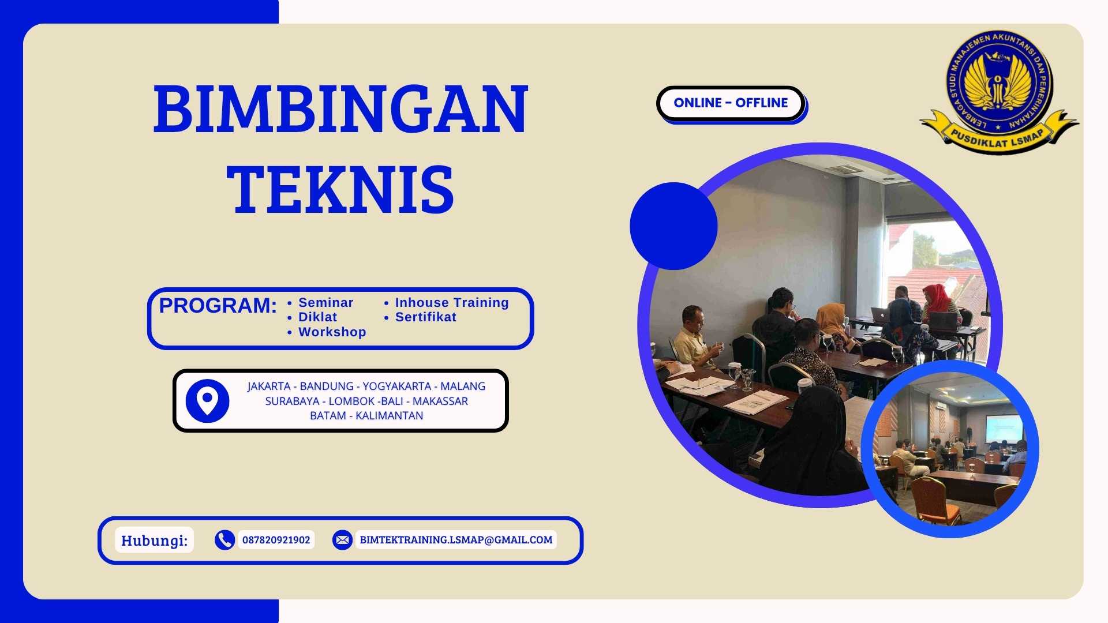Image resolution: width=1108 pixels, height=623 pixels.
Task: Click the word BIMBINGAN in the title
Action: click(340, 109)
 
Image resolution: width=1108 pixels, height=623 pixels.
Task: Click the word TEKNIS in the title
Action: click(340, 189)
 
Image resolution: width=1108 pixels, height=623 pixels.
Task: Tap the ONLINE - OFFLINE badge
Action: click(731, 103)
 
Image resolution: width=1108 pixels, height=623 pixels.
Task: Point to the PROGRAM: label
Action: click(218, 306)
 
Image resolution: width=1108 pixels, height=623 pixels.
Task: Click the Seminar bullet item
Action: click(325, 303)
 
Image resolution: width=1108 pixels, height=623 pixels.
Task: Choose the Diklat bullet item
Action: click(317, 317)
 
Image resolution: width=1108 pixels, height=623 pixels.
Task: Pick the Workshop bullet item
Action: click(332, 332)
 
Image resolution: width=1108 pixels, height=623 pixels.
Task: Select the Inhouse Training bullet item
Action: click(451, 303)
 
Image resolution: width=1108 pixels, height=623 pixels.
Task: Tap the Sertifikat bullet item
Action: click(425, 317)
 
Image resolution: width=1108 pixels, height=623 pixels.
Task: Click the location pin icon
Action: click(207, 400)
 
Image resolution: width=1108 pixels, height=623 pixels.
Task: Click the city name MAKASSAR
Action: click(440, 401)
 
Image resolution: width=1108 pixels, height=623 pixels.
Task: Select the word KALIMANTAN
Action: click(389, 416)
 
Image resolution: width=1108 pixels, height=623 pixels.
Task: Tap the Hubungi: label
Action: click(154, 541)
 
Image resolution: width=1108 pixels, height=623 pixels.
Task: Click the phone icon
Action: click(224, 540)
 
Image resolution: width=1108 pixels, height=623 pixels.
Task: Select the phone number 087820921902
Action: click(276, 540)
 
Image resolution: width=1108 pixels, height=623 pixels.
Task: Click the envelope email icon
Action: click(342, 540)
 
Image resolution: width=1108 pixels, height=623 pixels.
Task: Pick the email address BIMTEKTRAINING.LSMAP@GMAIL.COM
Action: click(456, 540)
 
